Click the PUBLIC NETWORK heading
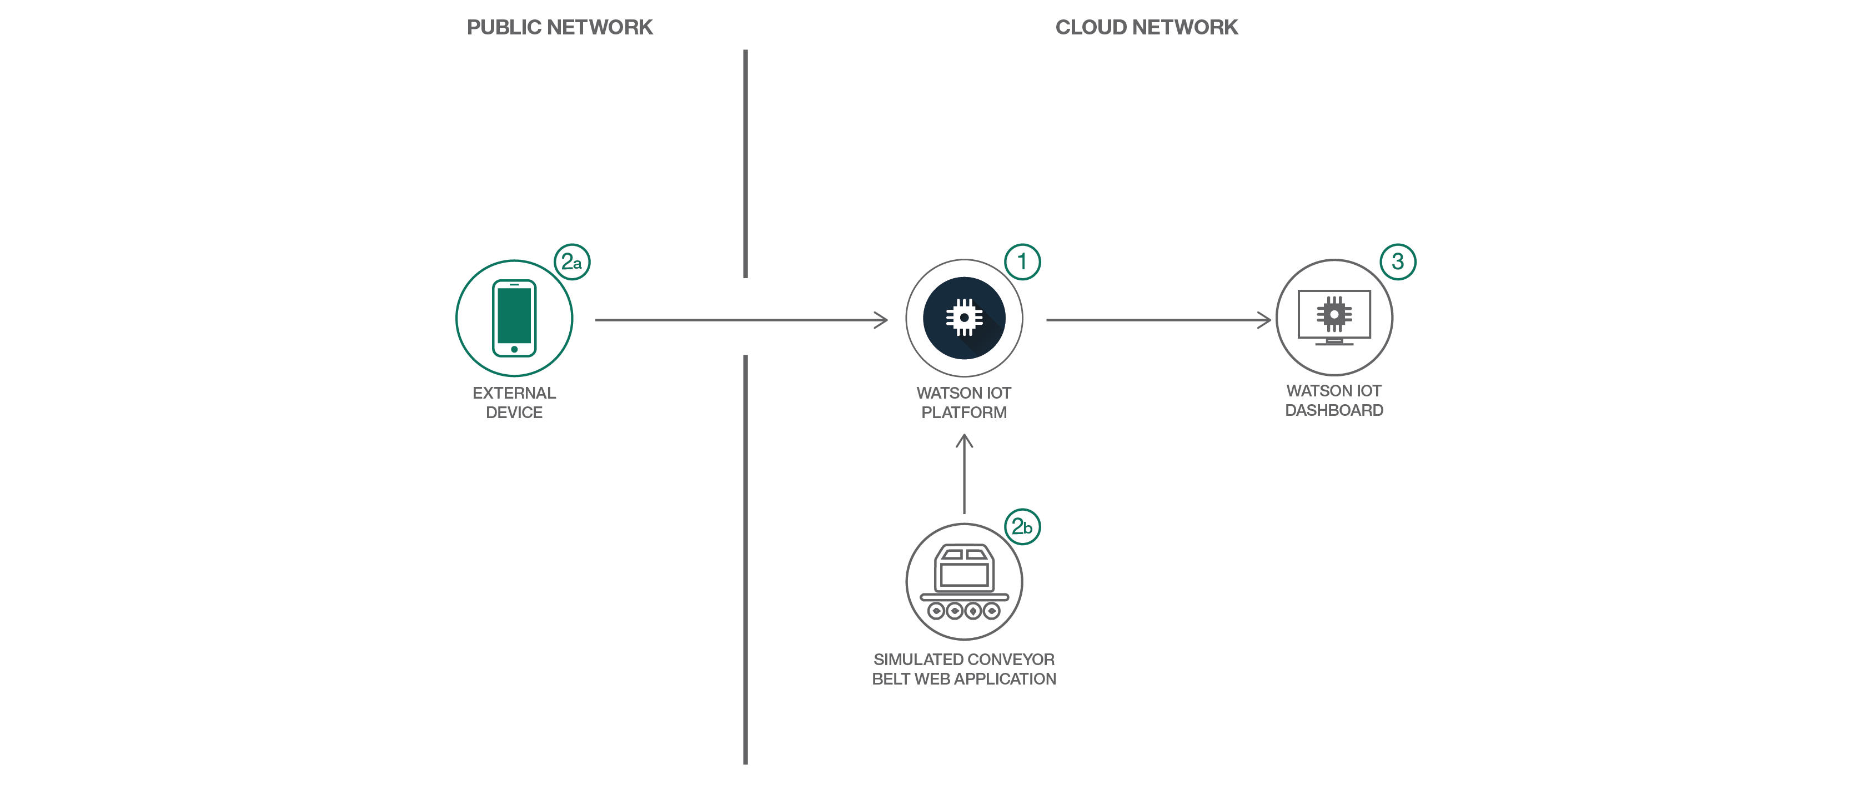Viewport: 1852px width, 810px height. [559, 27]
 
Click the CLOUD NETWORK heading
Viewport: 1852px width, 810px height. [1146, 27]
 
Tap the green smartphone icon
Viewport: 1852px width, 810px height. [514, 318]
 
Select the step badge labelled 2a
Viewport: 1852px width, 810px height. [571, 261]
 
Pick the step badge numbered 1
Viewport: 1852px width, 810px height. [1022, 261]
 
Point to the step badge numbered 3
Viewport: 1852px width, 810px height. [1398, 261]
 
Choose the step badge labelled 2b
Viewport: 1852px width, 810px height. [1022, 527]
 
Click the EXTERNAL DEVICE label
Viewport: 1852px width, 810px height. [514, 403]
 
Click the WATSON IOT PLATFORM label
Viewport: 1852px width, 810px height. [963, 403]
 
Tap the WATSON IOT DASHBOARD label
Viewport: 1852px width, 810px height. [1334, 400]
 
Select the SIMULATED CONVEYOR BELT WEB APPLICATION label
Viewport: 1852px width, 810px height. [963, 669]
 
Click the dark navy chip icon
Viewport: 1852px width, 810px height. [963, 318]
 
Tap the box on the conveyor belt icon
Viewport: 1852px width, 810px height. [963, 568]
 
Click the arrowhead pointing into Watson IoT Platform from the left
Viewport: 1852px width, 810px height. [882, 320]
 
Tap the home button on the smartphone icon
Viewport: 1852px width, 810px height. [514, 349]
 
